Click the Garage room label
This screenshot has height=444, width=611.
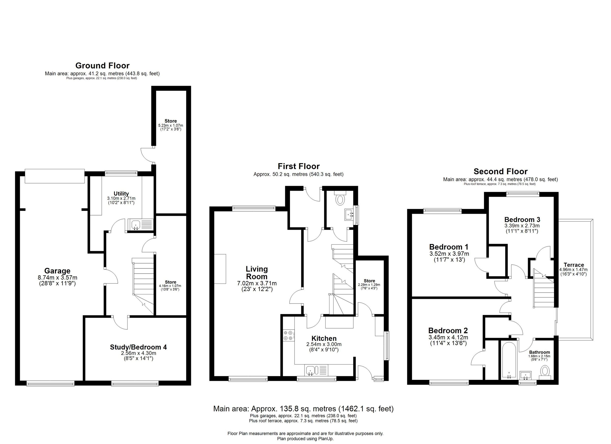(x=57, y=271)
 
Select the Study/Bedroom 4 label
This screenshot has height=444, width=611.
(x=138, y=347)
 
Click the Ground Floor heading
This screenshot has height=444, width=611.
(x=102, y=65)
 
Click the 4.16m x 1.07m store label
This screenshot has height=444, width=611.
(x=171, y=286)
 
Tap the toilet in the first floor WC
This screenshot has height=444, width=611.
(x=341, y=199)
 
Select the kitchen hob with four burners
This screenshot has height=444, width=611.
(x=288, y=336)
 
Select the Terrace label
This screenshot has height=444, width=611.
(x=574, y=265)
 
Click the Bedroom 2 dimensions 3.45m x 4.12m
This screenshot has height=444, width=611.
(x=448, y=337)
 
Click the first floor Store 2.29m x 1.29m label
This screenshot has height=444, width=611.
(x=369, y=282)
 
